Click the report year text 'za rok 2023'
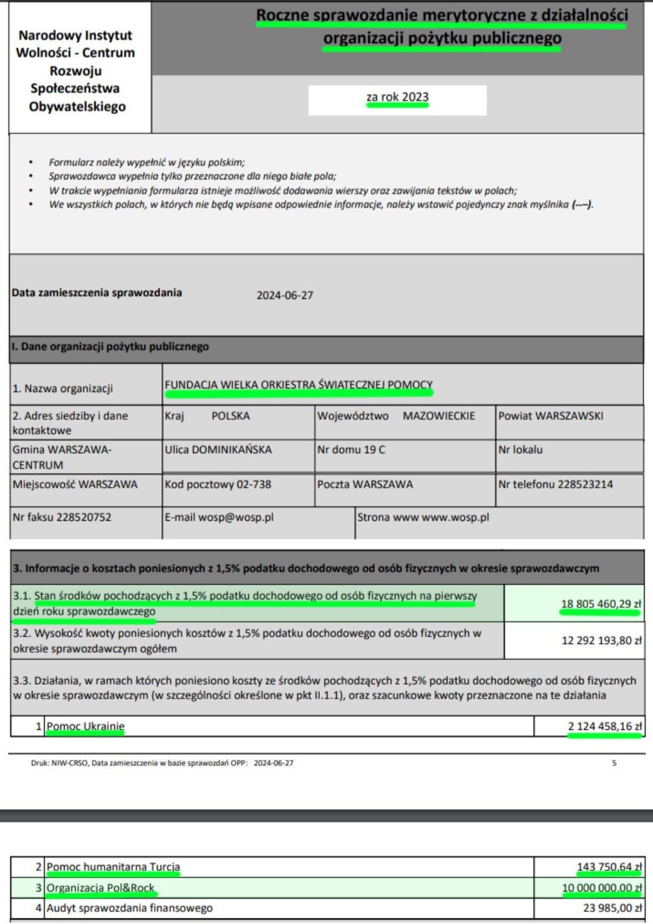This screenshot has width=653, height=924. point(397,97)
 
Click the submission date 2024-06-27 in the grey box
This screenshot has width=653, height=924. point(285,296)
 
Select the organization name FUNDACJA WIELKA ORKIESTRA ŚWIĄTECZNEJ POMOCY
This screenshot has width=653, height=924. point(299,385)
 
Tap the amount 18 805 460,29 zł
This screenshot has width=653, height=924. point(600,604)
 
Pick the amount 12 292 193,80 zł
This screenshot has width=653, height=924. point(601,641)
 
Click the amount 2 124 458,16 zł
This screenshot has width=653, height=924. point(604,726)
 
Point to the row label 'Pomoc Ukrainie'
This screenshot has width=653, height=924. point(86,726)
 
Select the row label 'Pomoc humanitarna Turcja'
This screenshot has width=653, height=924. point(114,867)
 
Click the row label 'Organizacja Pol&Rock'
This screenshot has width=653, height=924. point(101,888)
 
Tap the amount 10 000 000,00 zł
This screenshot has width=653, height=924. point(602,888)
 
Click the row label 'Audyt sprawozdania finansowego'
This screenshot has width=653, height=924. point(130,908)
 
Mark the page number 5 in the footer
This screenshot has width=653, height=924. point(614,763)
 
